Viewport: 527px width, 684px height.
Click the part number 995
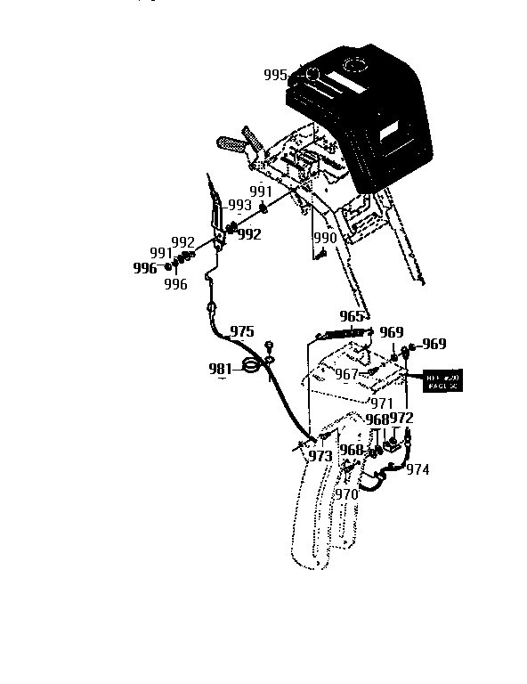[276, 75]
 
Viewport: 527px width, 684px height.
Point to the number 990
[324, 239]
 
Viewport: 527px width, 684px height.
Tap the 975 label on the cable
[241, 331]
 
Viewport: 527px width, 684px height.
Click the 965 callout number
[353, 316]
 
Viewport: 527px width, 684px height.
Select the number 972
[401, 418]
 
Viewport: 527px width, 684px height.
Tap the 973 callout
[320, 456]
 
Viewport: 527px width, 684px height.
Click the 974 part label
[418, 470]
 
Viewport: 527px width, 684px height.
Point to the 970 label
[345, 494]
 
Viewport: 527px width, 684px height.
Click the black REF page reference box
[442, 380]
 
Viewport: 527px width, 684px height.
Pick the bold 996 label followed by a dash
[146, 267]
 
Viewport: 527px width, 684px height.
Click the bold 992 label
[249, 234]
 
